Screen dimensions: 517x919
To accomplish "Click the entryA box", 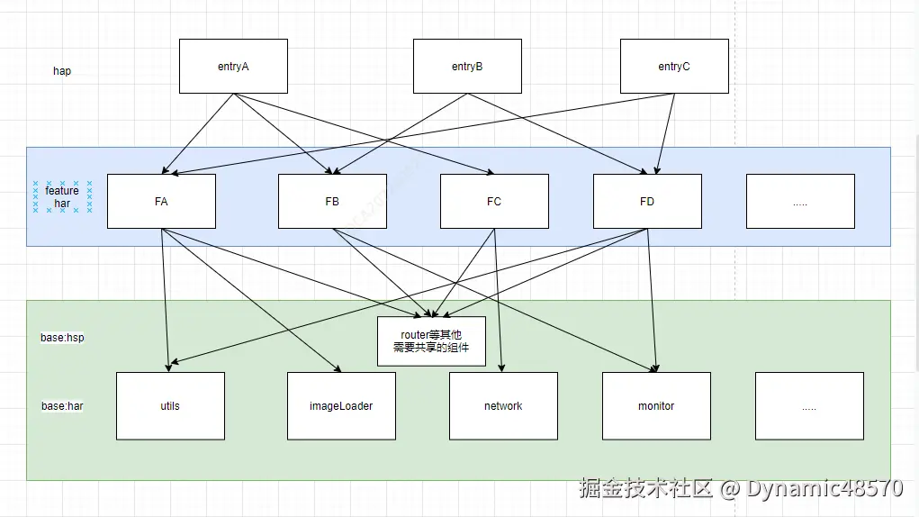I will click(x=233, y=66).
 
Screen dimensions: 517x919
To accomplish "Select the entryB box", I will click(x=467, y=66).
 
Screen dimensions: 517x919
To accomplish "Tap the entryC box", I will click(x=674, y=66).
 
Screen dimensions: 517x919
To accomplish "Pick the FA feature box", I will click(x=161, y=201).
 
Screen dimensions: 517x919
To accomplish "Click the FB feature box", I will click(x=332, y=201).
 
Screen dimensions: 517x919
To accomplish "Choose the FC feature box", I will click(x=494, y=201).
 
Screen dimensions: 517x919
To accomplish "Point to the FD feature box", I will click(x=647, y=201).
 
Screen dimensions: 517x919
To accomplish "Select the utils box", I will click(x=170, y=405).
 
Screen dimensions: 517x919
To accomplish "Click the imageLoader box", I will click(x=341, y=405).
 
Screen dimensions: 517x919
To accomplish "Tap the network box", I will click(x=503, y=405).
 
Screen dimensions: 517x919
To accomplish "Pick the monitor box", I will click(x=656, y=405).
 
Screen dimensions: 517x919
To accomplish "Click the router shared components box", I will click(x=431, y=340).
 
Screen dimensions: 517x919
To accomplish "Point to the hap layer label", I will click(x=62, y=71).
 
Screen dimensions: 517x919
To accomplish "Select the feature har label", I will click(x=62, y=197).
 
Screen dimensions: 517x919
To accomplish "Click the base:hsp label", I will click(x=62, y=338).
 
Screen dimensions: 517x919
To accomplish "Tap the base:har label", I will click(x=62, y=406).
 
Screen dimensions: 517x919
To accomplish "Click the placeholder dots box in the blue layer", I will click(x=800, y=201).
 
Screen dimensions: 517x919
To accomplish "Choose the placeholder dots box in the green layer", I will click(x=809, y=405).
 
